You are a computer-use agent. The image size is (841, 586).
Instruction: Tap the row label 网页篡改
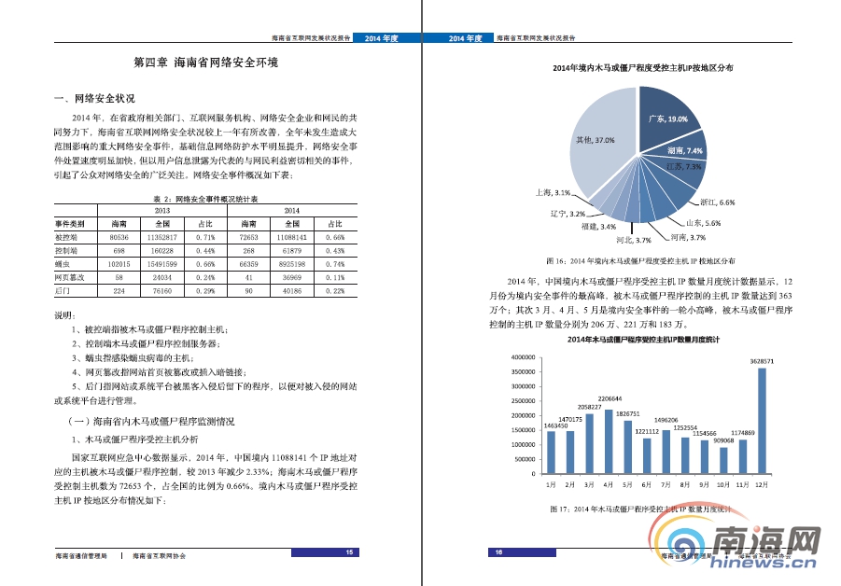coord(70,277)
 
